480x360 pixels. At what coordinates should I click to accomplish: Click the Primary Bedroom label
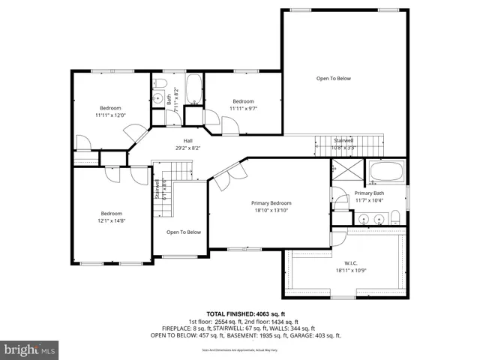[271, 203]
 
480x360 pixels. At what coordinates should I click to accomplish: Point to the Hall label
[189, 140]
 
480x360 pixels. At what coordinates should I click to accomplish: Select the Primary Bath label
[370, 193]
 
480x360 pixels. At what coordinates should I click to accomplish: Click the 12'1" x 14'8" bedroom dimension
[111, 220]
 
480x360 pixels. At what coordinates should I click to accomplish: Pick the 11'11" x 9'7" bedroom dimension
[243, 109]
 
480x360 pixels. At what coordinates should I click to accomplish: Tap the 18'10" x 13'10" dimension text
[271, 211]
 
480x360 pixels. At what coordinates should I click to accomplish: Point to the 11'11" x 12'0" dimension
[110, 115]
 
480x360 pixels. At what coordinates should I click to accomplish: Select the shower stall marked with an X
[346, 172]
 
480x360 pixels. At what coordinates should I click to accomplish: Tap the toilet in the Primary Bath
[395, 217]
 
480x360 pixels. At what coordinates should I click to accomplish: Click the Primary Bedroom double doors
[229, 173]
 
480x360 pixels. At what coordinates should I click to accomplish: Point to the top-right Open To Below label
[333, 78]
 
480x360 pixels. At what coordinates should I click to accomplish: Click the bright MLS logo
[31, 349]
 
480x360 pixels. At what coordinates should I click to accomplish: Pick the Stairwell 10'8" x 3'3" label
[343, 143]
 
